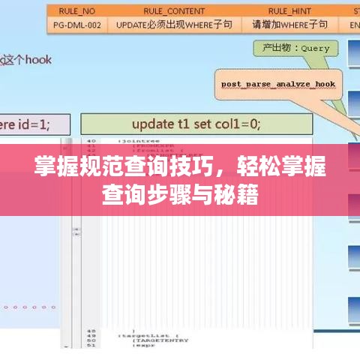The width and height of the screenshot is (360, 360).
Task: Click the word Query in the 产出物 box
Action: pyautogui.click(x=314, y=48)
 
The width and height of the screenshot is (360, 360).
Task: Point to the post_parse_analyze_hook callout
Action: pyautogui.click(x=277, y=84)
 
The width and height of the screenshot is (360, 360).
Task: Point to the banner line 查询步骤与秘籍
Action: pyautogui.click(x=180, y=196)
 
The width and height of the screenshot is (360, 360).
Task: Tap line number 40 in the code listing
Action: pyautogui.click(x=91, y=140)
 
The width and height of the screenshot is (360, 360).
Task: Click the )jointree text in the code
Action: pyautogui.click(x=136, y=140)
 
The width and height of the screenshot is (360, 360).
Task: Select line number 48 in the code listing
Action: pyautogui.click(x=91, y=330)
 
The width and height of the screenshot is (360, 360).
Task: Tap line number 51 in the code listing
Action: pyautogui.click(x=91, y=345)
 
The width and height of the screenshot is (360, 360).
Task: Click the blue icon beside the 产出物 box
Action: pyautogui.click(x=352, y=51)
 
